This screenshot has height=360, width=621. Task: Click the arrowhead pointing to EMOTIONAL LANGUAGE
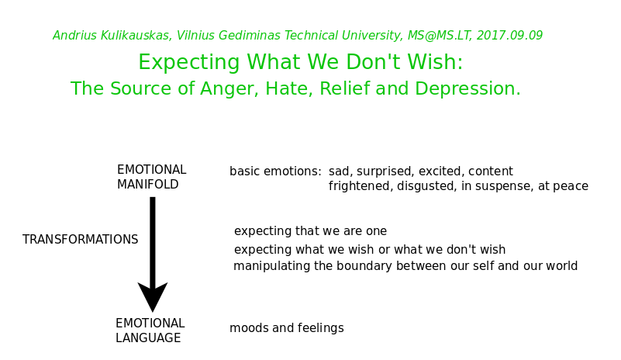[x=153, y=296]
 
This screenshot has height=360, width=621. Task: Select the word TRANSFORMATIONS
[x=81, y=240]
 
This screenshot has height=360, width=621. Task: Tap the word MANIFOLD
[x=148, y=185]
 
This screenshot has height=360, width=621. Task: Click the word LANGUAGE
[x=148, y=337]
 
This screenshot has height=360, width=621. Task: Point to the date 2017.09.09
[x=509, y=35]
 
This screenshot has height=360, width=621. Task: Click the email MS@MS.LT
[x=440, y=36]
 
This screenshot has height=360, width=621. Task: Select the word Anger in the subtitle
[x=229, y=88]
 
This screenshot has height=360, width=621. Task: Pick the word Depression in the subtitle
[x=467, y=88]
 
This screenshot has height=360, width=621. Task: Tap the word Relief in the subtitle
[x=344, y=88]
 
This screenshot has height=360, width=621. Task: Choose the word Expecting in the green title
[x=189, y=62]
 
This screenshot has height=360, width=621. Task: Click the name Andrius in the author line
[x=75, y=35]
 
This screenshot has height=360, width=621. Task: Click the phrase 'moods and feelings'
[x=287, y=328]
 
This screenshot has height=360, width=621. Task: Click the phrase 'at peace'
[x=563, y=186]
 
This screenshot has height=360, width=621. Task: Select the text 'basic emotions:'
[x=276, y=171]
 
